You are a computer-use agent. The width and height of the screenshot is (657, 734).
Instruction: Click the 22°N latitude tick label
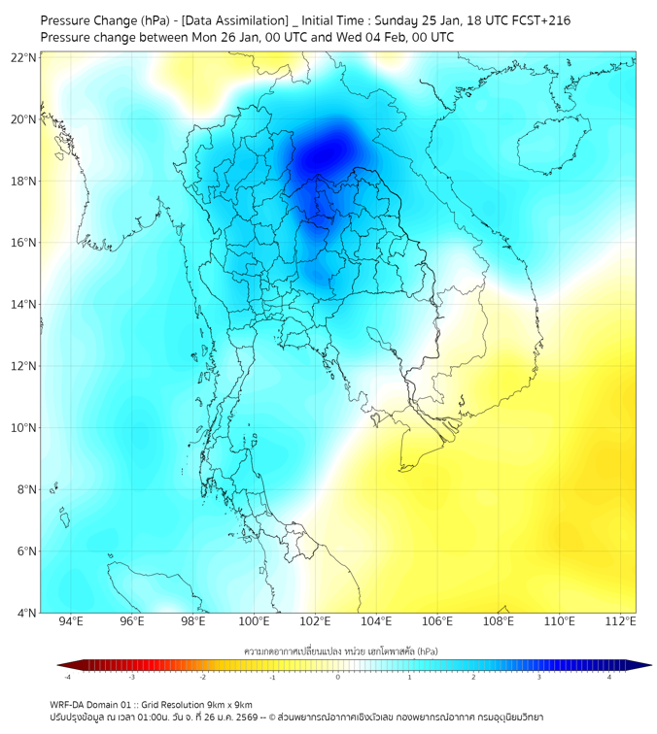23,57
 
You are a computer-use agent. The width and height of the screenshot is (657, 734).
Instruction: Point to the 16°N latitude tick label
23,243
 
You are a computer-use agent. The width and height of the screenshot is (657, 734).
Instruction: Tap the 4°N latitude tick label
26,613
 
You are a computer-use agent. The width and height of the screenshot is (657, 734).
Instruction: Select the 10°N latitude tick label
23,427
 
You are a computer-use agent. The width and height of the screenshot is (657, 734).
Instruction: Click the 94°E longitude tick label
71,621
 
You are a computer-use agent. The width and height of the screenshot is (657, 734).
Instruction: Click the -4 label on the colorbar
66,677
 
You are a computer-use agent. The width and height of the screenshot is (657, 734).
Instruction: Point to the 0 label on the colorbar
338,677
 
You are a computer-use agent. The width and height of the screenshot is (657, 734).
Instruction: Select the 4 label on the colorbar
609,677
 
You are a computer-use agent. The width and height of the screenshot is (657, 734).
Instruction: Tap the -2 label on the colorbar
202,677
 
